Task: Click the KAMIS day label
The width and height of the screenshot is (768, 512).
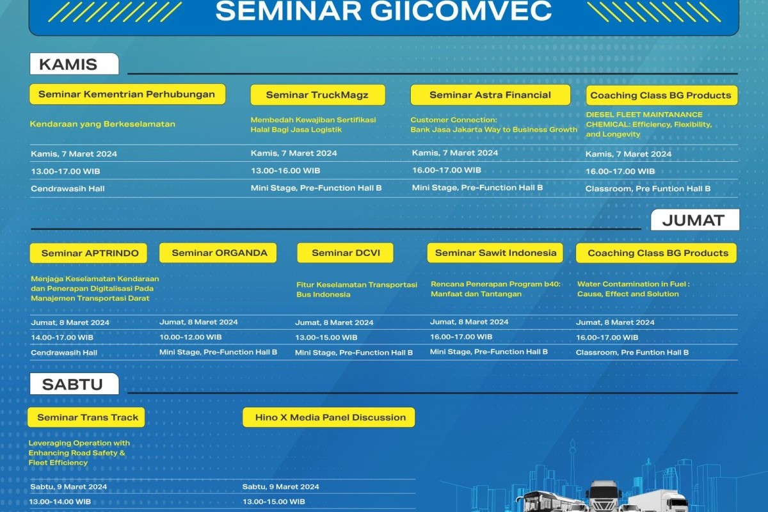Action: [x=74, y=64]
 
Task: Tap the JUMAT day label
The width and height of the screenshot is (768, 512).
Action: [x=695, y=220]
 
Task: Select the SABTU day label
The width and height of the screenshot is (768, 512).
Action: [x=74, y=384]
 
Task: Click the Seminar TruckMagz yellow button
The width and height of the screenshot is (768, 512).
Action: [x=317, y=95]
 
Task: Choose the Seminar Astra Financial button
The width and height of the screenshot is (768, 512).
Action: [x=490, y=95]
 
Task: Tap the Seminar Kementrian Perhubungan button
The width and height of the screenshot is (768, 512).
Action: [x=127, y=94]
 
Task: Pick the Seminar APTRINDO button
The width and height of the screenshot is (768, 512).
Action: [x=88, y=253]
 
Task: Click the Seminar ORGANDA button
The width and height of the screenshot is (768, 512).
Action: [x=218, y=253]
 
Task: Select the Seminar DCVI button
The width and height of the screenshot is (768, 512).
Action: [x=345, y=253]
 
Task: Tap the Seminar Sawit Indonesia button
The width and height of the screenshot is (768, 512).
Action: [x=495, y=253]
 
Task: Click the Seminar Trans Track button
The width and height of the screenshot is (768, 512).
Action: [x=86, y=417]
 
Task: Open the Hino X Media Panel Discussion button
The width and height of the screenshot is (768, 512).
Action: [x=329, y=417]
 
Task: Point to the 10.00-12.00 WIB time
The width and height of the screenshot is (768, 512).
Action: [x=191, y=337]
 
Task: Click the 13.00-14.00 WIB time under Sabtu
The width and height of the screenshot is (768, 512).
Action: [x=60, y=502]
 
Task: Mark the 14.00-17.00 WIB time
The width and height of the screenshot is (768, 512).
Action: [x=62, y=337]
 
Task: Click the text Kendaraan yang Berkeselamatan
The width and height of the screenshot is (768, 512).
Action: [x=102, y=124]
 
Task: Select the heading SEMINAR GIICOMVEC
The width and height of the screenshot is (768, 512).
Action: [x=383, y=11]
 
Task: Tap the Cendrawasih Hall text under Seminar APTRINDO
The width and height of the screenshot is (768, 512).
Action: [x=64, y=353]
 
